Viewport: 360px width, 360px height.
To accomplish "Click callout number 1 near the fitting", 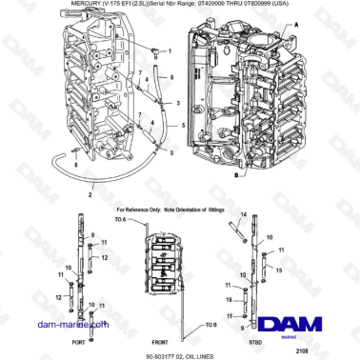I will tap(170, 51).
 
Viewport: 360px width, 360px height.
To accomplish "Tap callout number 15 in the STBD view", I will tap(278, 270).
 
